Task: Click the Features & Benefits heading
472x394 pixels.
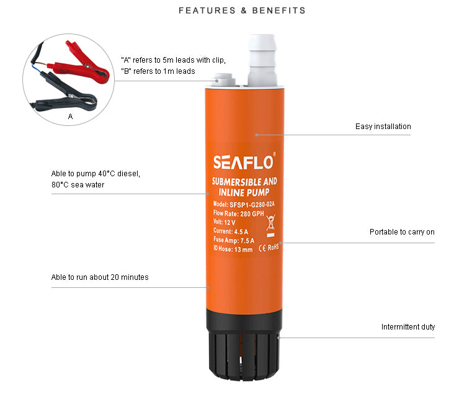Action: click(x=242, y=11)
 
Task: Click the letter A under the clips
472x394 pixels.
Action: click(x=71, y=116)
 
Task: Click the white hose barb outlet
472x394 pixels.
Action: click(x=262, y=60)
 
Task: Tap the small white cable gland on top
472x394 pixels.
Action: click(x=225, y=80)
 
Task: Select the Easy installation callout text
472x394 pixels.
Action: click(x=383, y=126)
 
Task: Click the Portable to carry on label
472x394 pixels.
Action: click(x=402, y=231)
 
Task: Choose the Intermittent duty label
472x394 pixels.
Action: click(x=408, y=327)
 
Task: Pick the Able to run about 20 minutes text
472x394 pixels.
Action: click(x=100, y=277)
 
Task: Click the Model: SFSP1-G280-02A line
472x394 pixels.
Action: click(x=244, y=204)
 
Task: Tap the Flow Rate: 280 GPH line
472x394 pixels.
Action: click(x=238, y=213)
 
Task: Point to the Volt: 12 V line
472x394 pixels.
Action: click(x=224, y=222)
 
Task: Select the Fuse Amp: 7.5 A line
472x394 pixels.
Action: click(x=234, y=240)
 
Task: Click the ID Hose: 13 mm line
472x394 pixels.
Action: click(x=233, y=249)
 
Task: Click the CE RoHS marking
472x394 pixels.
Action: click(x=269, y=248)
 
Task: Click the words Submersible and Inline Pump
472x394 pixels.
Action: click(x=244, y=187)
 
